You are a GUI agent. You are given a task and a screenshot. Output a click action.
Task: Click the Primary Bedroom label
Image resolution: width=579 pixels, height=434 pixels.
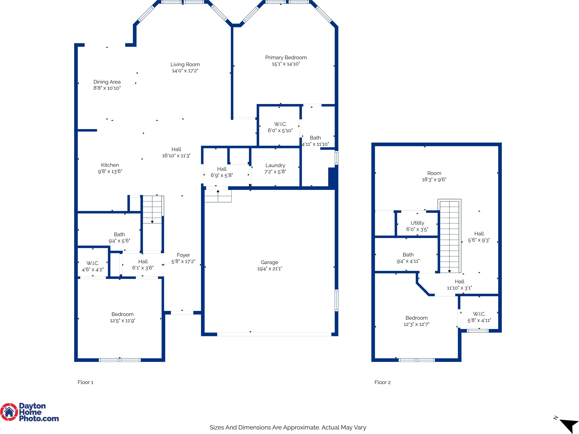pyautogui.click(x=286, y=57)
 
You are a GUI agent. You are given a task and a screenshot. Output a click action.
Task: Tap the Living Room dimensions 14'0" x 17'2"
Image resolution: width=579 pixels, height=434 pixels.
pyautogui.click(x=185, y=70)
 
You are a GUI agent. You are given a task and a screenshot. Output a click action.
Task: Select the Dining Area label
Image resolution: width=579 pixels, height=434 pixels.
pyautogui.click(x=107, y=82)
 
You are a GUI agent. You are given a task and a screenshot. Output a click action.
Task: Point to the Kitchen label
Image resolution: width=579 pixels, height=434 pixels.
pyautogui.click(x=110, y=165)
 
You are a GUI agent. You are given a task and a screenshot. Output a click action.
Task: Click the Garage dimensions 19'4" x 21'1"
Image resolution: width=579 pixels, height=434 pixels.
pyautogui.click(x=270, y=268)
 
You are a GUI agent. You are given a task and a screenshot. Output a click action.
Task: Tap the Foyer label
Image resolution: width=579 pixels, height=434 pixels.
pyautogui.click(x=183, y=255)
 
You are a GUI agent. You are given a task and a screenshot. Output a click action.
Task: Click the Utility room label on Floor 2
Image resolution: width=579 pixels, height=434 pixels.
pyautogui.click(x=417, y=223)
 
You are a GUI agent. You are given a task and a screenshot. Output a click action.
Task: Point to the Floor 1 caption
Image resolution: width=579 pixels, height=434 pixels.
pyautogui.click(x=85, y=382)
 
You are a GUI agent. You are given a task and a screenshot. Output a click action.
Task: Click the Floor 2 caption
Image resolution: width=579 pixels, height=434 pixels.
pyautogui.click(x=382, y=382)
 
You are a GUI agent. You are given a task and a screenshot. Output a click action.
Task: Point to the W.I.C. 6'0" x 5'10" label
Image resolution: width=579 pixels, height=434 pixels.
pyautogui.click(x=280, y=127)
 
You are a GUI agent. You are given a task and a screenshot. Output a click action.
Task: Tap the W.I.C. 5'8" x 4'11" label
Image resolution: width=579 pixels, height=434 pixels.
pyautogui.click(x=479, y=317)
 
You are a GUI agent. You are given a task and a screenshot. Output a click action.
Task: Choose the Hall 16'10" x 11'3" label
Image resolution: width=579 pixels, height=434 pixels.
pyautogui.click(x=176, y=152)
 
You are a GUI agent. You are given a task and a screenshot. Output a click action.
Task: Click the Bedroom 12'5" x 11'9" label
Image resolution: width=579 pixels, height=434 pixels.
pyautogui.click(x=122, y=317)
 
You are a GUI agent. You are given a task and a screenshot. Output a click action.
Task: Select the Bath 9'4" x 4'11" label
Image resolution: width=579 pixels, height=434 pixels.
pyautogui.click(x=408, y=258)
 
